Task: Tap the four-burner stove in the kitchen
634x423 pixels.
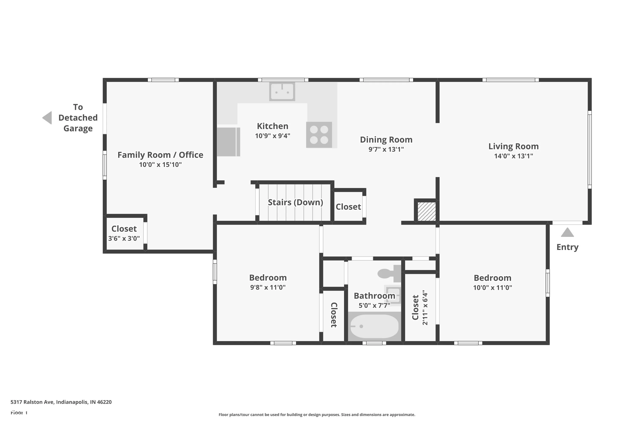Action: click(319, 135)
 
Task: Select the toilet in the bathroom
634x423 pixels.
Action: click(389, 273)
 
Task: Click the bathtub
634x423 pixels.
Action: click(374, 326)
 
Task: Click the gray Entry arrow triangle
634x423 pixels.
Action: click(567, 232)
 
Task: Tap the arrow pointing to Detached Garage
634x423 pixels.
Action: click(47, 118)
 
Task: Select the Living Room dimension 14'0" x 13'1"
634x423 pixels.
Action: click(514, 156)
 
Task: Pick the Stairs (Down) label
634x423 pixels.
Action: click(295, 202)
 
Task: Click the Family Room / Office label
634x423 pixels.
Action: click(160, 155)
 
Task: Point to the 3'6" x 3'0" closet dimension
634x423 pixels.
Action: click(124, 239)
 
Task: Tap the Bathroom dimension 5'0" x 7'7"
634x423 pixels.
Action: click(374, 305)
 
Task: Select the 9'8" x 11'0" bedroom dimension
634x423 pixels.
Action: click(268, 287)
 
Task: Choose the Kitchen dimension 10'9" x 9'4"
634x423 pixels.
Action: click(273, 136)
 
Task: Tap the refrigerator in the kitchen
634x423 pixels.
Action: click(228, 142)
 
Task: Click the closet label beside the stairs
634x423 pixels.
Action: click(348, 207)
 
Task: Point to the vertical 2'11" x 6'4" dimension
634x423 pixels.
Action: click(425, 308)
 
